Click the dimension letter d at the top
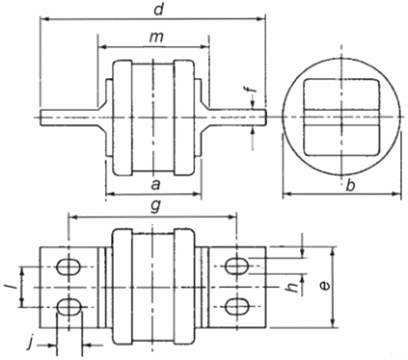(x=158, y=10)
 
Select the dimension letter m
(x=156, y=38)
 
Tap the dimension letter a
(x=155, y=185)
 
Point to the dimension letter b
(x=351, y=185)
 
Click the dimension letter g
(x=155, y=208)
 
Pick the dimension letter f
(x=254, y=87)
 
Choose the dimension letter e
(x=325, y=286)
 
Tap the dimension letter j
(x=30, y=345)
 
